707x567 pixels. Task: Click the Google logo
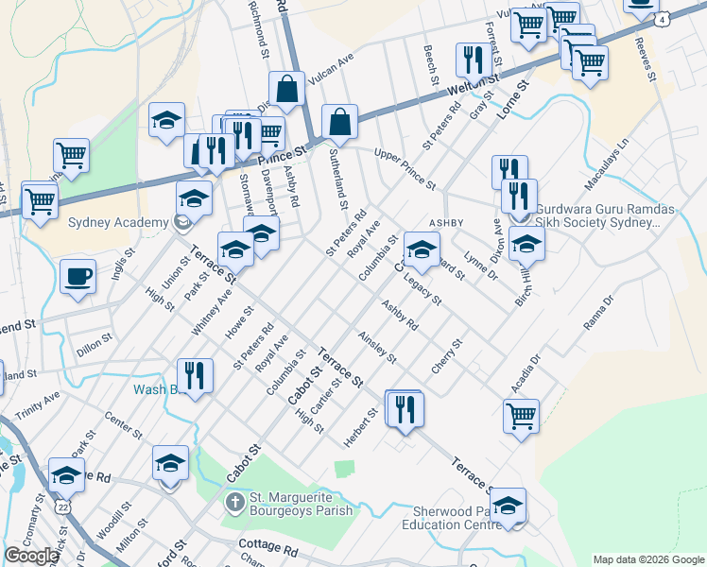[x=31, y=556]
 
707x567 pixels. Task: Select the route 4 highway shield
[x=664, y=18]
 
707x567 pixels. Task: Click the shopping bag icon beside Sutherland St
[x=339, y=123]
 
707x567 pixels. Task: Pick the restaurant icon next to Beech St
[x=470, y=60]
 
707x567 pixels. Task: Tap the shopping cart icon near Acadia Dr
[x=521, y=415]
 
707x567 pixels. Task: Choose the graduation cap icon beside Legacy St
[x=421, y=250]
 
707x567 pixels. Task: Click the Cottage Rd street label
[x=268, y=548]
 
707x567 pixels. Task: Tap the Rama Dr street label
[x=598, y=312]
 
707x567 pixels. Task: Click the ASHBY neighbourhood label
[x=448, y=221]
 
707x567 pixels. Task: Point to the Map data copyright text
[x=648, y=558]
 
